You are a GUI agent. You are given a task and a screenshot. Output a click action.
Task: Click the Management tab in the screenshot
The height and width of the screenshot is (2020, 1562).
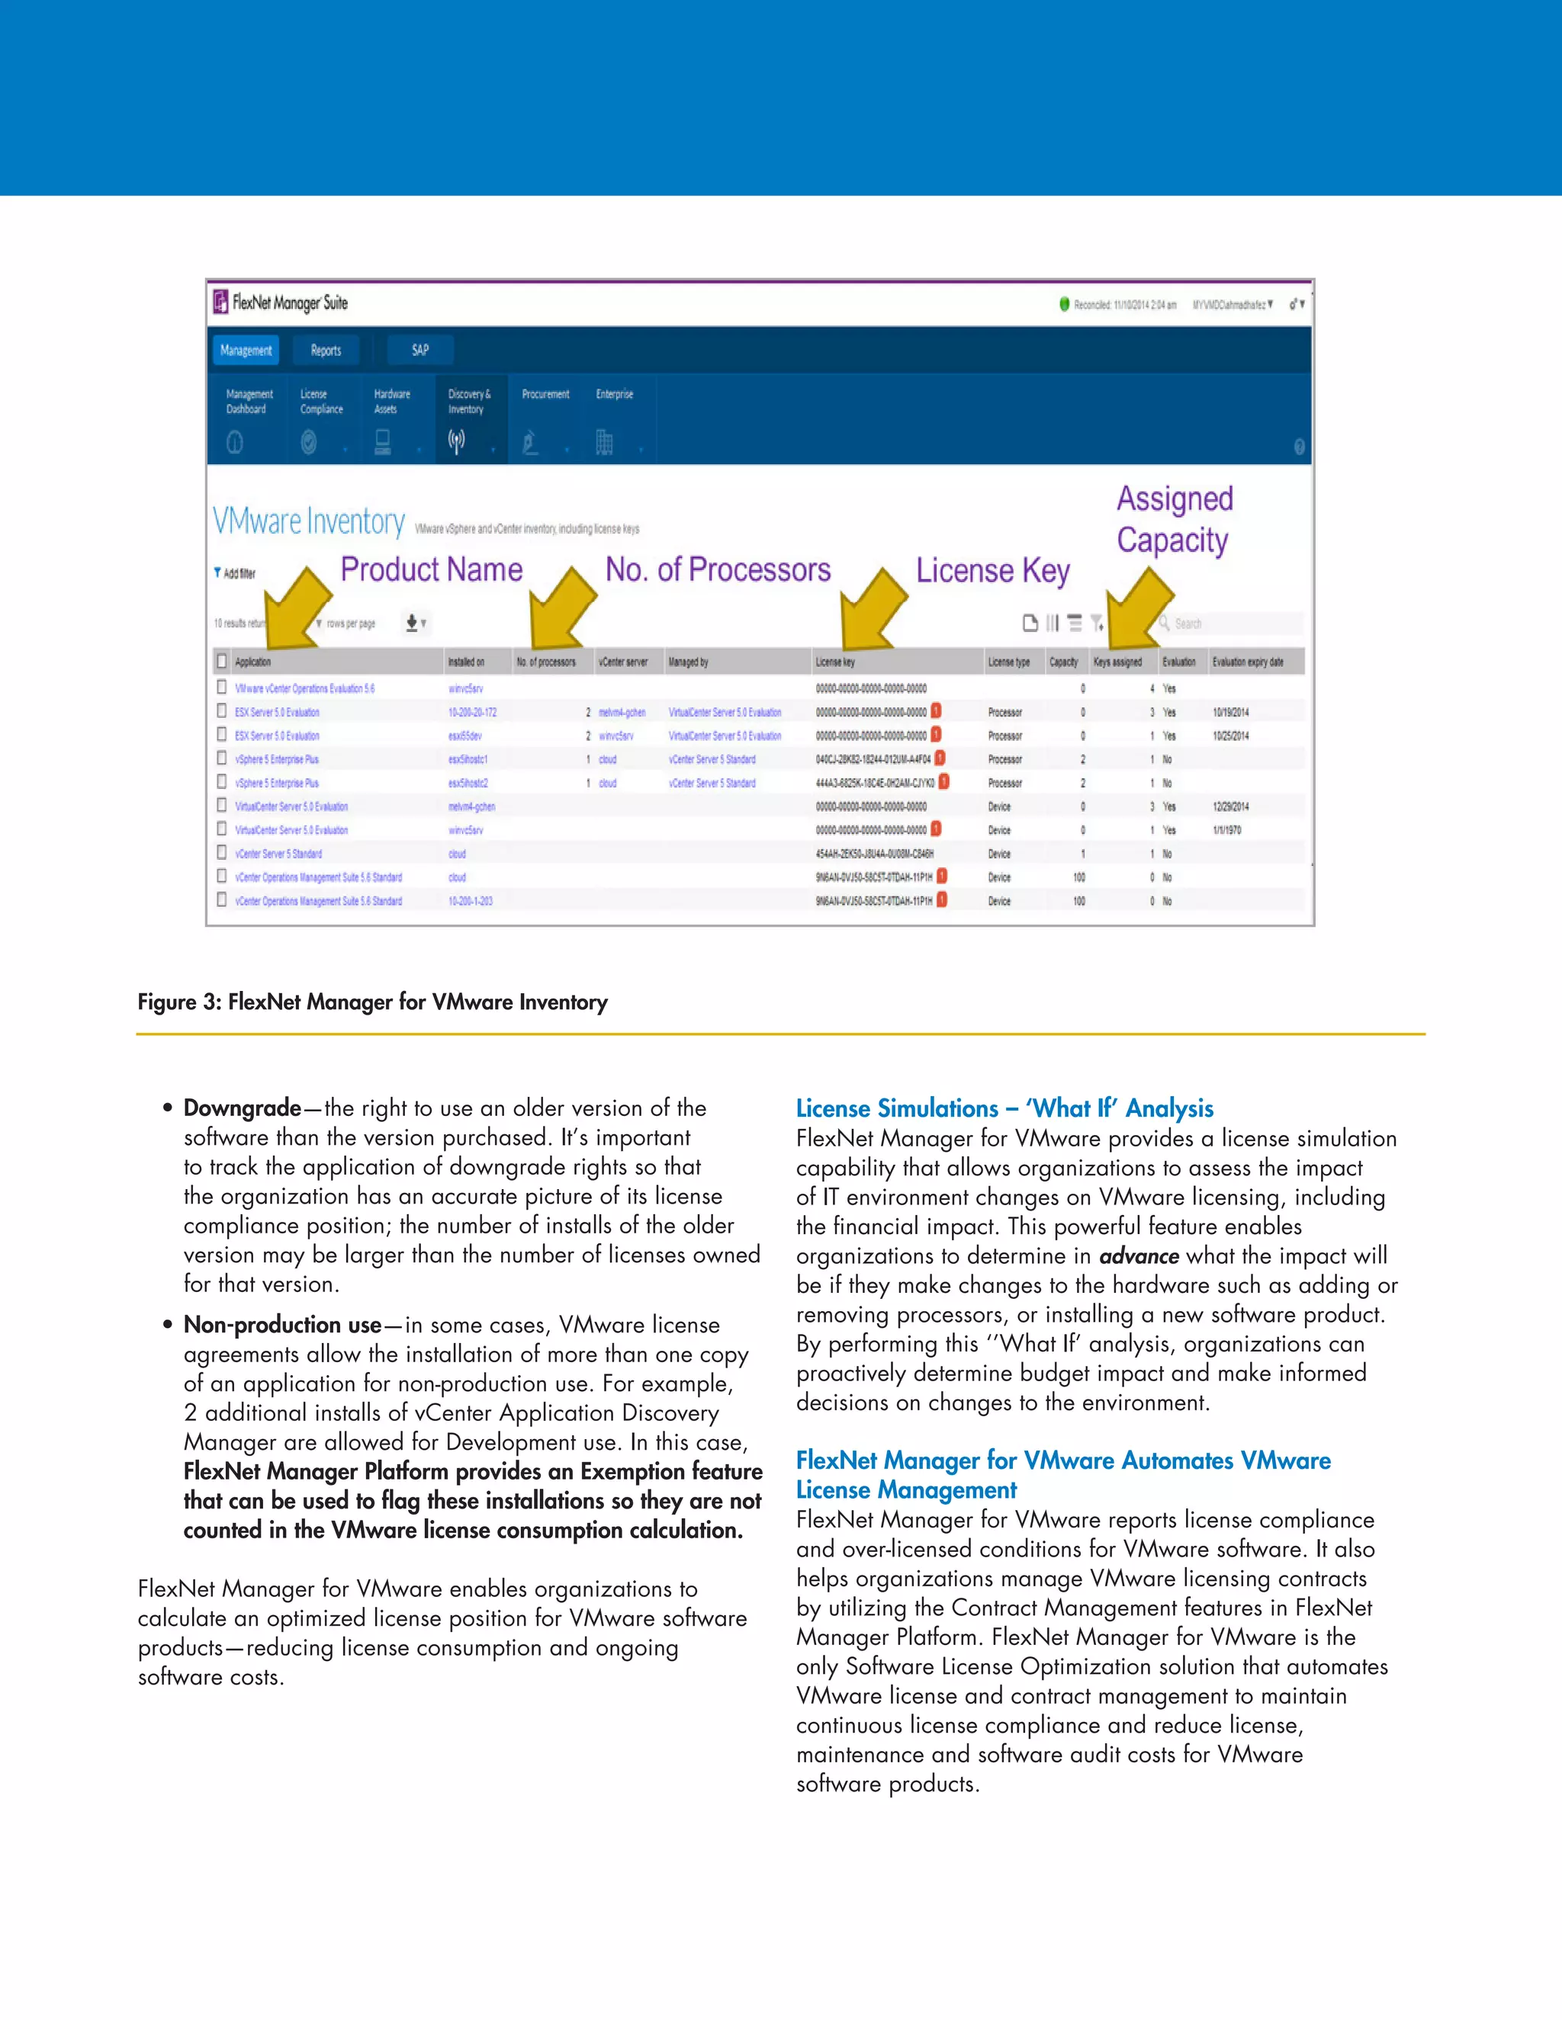click(246, 351)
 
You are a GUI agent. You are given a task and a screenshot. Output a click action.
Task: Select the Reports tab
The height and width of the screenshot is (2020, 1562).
click(326, 351)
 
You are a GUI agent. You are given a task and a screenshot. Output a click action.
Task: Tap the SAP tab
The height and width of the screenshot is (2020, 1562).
click(420, 351)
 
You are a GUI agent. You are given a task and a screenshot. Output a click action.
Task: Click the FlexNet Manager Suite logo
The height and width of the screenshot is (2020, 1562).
click(281, 303)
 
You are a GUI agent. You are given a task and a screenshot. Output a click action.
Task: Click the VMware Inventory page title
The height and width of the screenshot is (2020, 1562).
click(309, 521)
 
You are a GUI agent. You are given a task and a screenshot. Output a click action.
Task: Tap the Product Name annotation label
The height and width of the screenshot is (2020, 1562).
click(431, 569)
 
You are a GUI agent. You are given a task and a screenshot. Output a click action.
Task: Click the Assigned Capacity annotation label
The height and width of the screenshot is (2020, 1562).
click(1175, 519)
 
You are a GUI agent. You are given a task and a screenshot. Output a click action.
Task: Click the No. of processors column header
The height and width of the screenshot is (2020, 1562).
click(546, 662)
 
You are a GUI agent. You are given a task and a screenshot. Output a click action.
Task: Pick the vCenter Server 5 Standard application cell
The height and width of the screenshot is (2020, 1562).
click(278, 854)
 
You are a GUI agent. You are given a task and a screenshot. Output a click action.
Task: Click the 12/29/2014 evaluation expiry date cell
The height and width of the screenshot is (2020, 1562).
click(1231, 806)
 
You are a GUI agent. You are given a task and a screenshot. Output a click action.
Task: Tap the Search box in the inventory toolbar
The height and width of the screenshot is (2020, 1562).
click(1231, 624)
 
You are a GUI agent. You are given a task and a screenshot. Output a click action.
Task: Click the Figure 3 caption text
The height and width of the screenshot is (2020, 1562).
click(372, 1002)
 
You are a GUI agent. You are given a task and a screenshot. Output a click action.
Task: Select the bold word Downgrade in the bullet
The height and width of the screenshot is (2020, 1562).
click(242, 1108)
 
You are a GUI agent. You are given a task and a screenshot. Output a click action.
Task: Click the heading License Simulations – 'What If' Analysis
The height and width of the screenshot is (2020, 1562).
click(1004, 1108)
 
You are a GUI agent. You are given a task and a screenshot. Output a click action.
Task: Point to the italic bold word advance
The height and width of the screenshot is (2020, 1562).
click(1138, 1256)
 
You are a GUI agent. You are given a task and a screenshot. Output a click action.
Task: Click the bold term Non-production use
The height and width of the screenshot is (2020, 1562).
click(282, 1325)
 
